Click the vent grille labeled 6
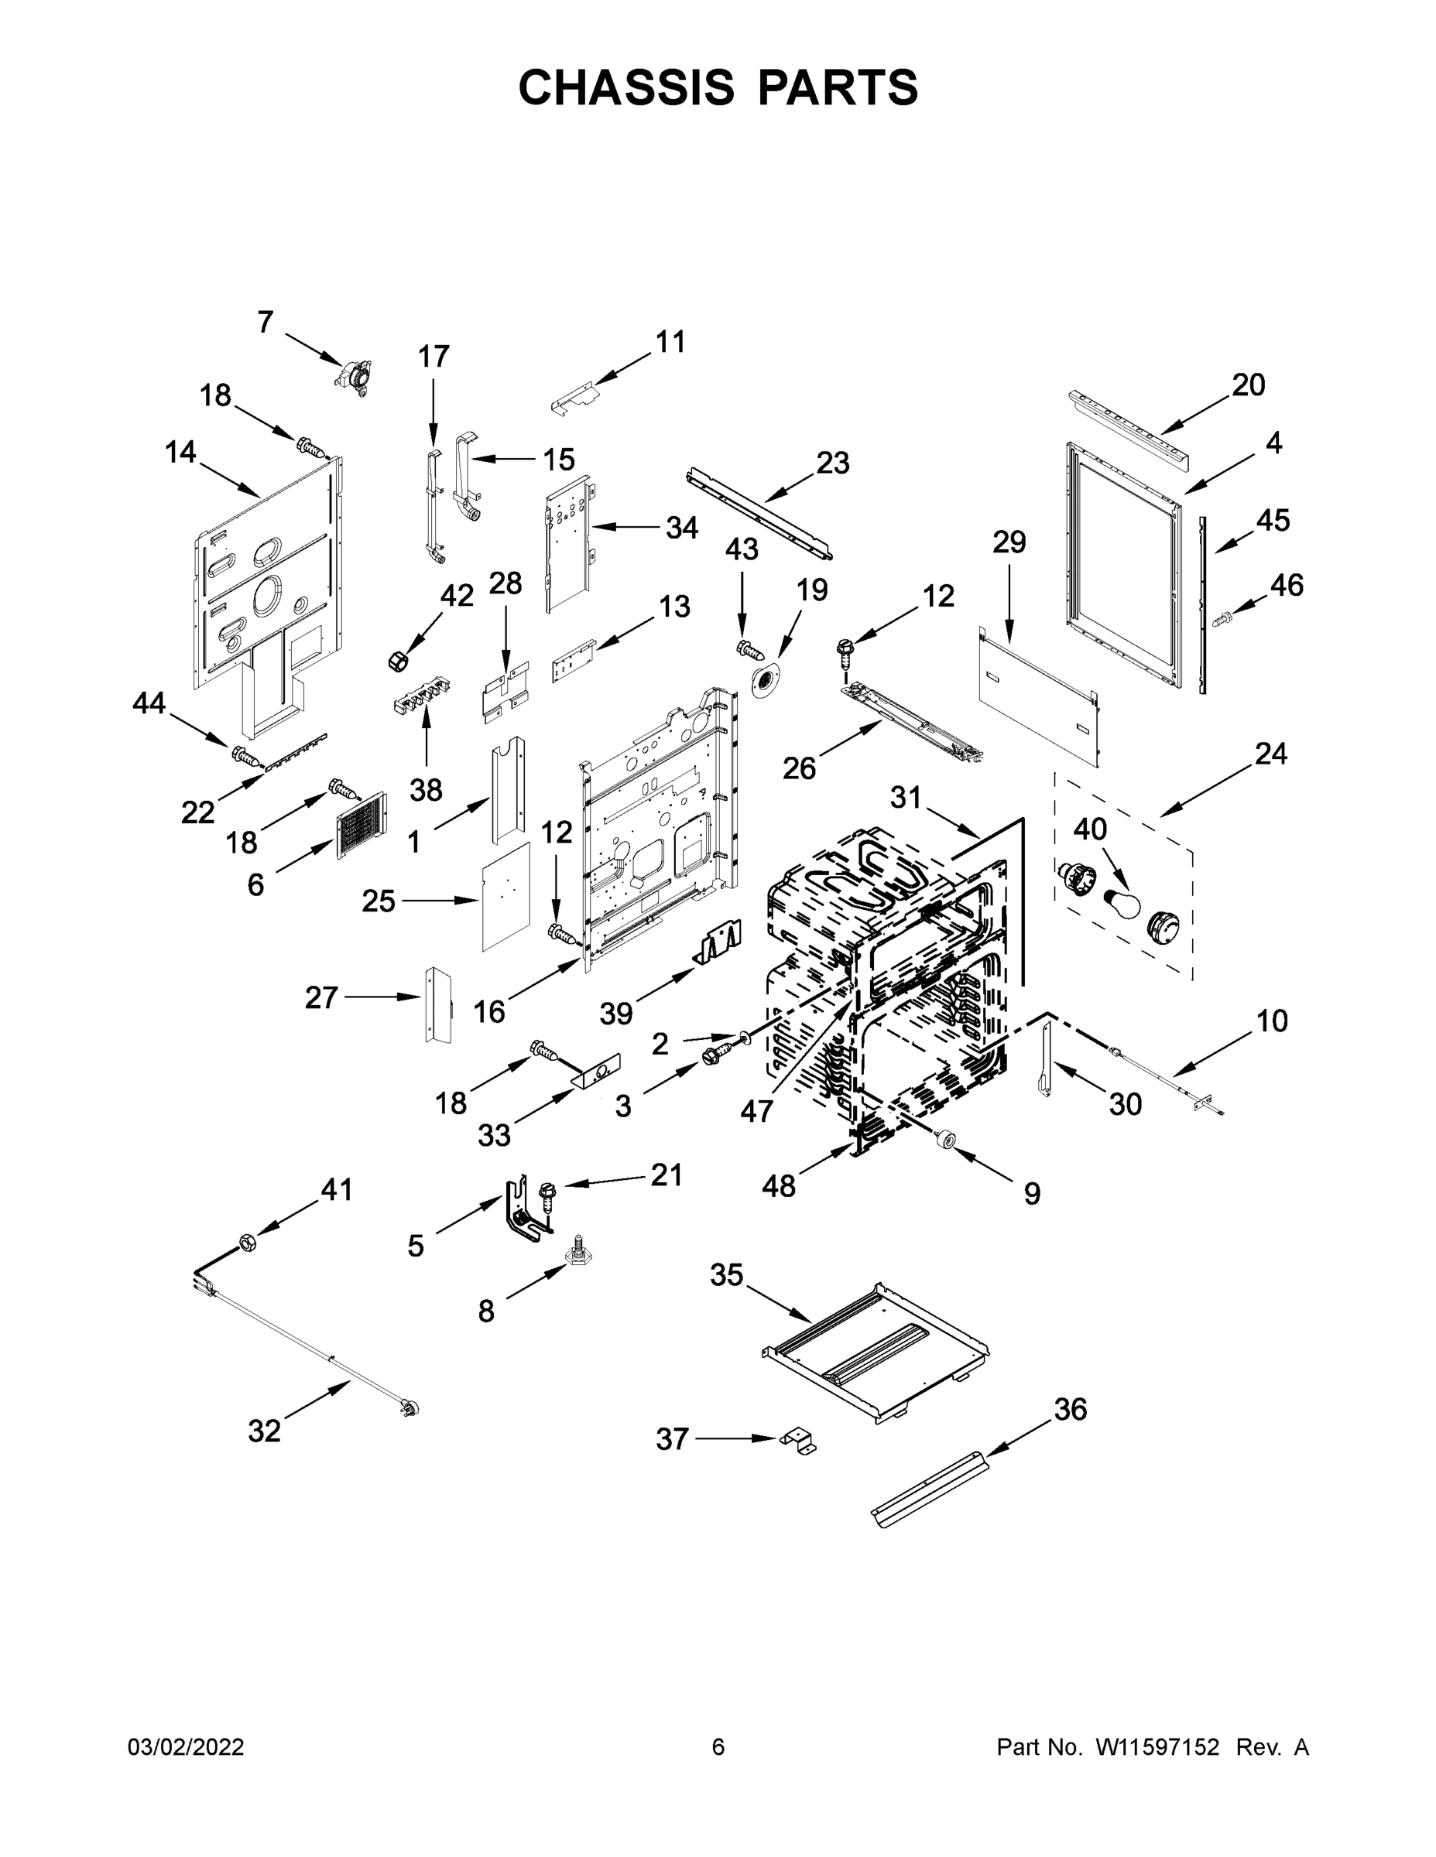[362, 825]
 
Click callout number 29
[1009, 542]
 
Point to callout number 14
[180, 453]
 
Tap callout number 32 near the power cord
[264, 1430]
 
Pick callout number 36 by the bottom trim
[1070, 1409]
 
